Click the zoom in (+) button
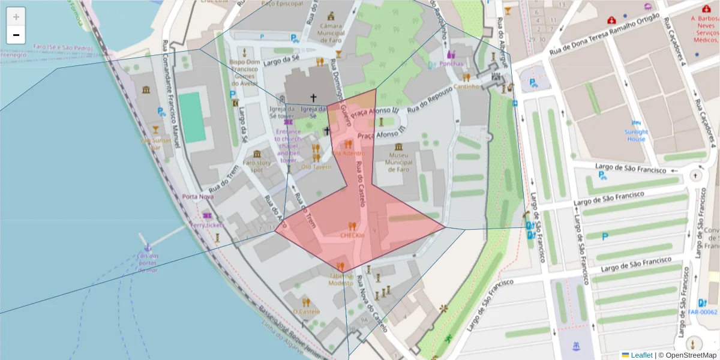click(x=16, y=17)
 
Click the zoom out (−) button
click(x=16, y=35)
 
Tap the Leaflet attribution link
click(x=641, y=355)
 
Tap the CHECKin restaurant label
click(x=352, y=236)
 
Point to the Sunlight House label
click(x=636, y=135)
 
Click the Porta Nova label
click(x=198, y=197)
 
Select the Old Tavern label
click(x=316, y=167)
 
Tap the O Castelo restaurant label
click(x=306, y=311)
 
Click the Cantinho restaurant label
click(x=467, y=86)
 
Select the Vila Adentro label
click(x=348, y=153)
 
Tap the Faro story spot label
click(x=257, y=166)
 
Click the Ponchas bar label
click(x=451, y=63)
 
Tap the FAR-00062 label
click(x=703, y=312)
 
